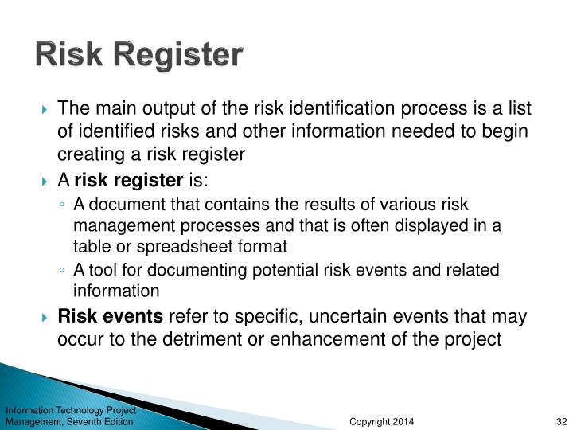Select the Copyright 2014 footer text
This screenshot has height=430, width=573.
click(382, 421)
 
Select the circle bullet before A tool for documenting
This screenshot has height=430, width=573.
click(63, 271)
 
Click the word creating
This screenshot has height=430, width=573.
click(88, 154)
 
